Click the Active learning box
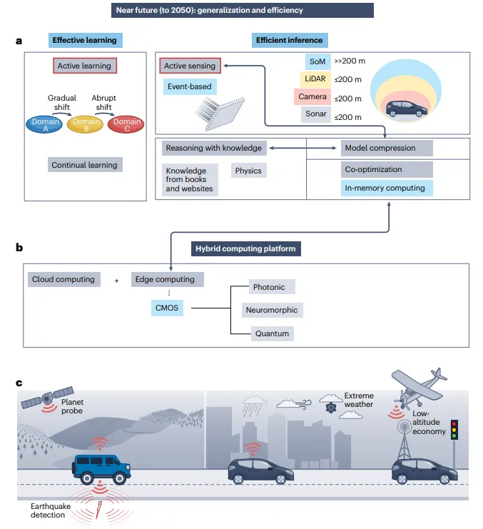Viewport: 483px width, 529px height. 85,66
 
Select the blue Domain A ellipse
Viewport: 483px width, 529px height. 44,124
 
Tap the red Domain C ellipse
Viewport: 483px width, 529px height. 126,124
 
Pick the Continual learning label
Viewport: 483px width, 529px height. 85,165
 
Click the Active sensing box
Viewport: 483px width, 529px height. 190,66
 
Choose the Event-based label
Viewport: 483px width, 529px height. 190,86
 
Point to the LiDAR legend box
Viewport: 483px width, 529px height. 315,79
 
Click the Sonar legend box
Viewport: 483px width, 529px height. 316,114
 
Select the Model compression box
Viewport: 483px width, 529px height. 387,148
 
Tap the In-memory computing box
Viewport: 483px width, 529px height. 387,188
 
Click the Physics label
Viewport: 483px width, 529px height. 248,171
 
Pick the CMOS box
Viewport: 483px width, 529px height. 167,308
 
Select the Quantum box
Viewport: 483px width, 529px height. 272,333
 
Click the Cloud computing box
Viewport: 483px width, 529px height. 63,279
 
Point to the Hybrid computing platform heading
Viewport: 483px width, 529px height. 245,248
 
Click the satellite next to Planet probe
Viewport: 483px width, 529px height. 47,398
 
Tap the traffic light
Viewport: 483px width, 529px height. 454,430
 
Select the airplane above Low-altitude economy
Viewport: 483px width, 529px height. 419,388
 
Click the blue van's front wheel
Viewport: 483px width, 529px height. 119,478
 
